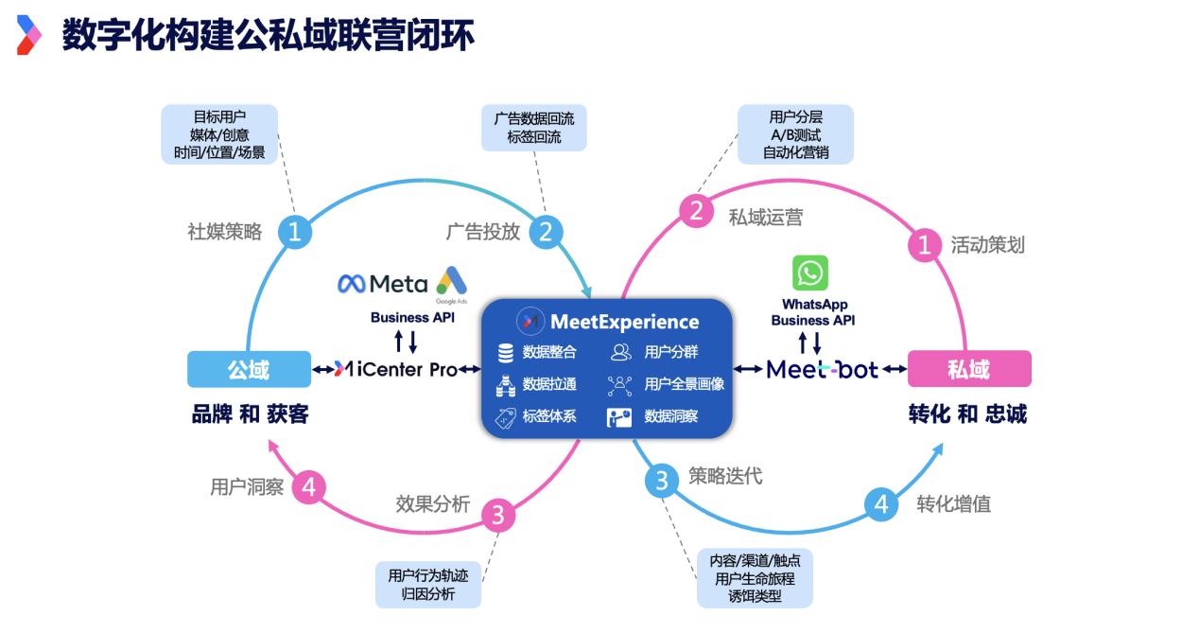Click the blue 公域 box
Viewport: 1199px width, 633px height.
pyautogui.click(x=249, y=369)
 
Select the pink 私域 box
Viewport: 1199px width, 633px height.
pyautogui.click(x=968, y=369)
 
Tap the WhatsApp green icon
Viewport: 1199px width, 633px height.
pyautogui.click(x=810, y=273)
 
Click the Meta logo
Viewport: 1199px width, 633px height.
pyautogui.click(x=383, y=283)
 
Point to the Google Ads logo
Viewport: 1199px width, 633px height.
pyautogui.click(x=451, y=281)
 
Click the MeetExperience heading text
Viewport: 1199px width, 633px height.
pyautogui.click(x=624, y=322)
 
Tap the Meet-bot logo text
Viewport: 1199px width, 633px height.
pyautogui.click(x=822, y=369)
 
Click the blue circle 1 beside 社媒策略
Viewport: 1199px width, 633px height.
pyautogui.click(x=294, y=232)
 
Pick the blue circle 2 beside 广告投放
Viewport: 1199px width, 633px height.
pyautogui.click(x=545, y=232)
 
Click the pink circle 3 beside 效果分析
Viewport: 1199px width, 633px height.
pyautogui.click(x=498, y=516)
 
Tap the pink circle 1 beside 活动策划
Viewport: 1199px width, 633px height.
pyautogui.click(x=925, y=245)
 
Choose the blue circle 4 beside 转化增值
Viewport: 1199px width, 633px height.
pyautogui.click(x=881, y=504)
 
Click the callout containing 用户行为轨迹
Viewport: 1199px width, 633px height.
pyautogui.click(x=428, y=584)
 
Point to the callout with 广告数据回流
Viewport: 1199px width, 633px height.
pyautogui.click(x=533, y=128)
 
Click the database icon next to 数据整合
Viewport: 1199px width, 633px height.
pyautogui.click(x=506, y=353)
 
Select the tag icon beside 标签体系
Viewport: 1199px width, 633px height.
pyautogui.click(x=506, y=416)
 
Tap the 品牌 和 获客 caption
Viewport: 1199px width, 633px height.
pyautogui.click(x=250, y=414)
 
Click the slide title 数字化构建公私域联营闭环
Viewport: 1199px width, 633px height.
pyautogui.click(x=268, y=36)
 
